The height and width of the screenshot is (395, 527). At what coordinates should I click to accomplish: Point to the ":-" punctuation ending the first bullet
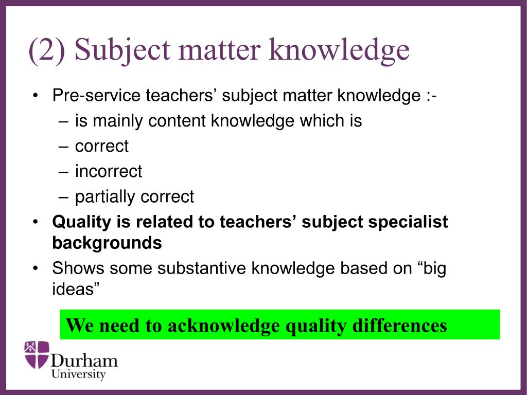[431, 96]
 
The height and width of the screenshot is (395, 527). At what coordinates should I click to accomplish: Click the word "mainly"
[119, 121]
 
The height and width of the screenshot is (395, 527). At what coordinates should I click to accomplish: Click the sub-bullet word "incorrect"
[109, 171]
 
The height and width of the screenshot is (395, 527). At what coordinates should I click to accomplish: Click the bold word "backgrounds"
[107, 242]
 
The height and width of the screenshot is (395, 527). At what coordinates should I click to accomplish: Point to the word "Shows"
[77, 268]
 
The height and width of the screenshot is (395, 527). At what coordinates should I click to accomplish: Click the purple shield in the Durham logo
[37, 354]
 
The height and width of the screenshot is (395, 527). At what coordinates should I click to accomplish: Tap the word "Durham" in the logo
[84, 360]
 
